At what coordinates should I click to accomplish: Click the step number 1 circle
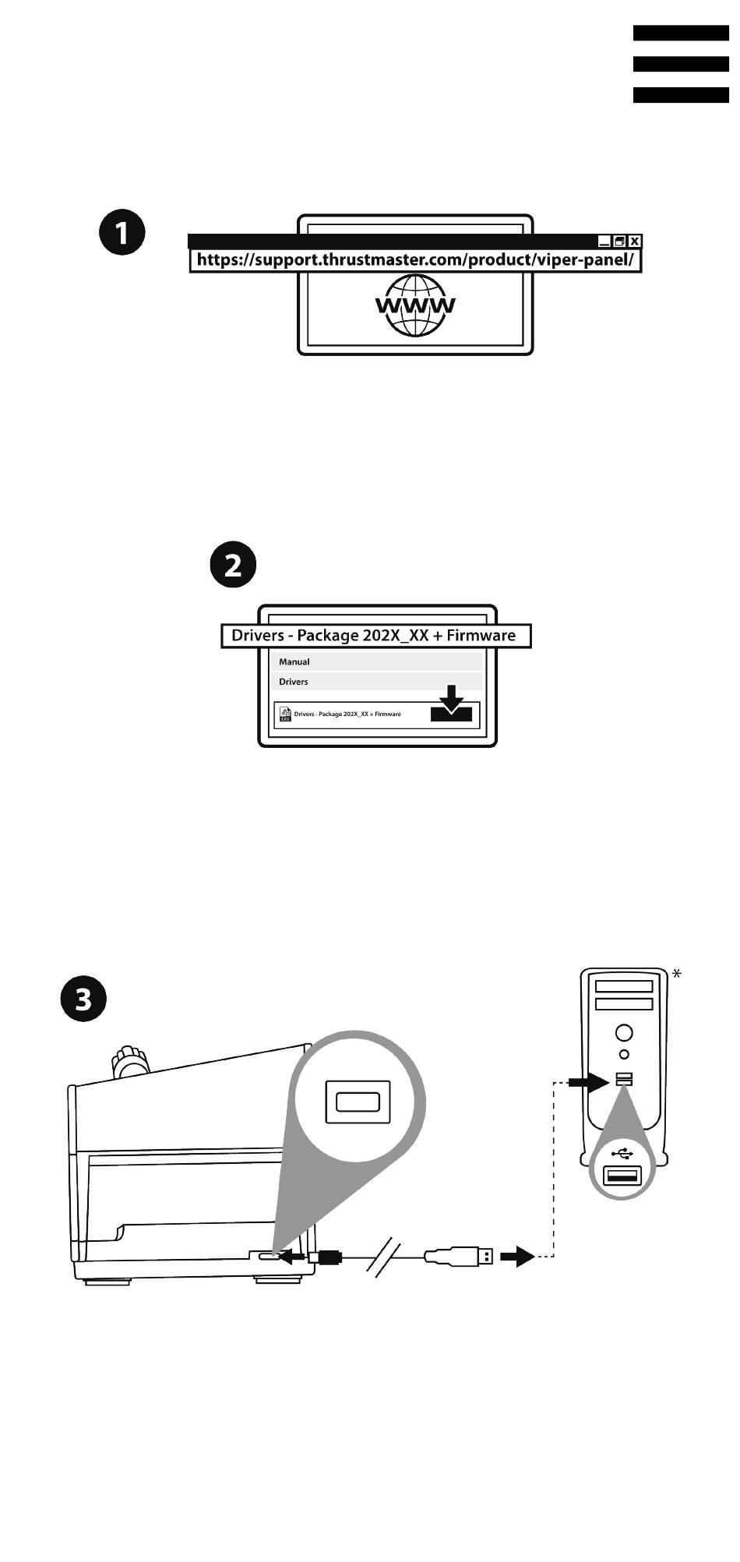(x=122, y=232)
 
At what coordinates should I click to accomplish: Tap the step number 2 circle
(x=234, y=565)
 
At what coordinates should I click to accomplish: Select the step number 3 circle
(x=83, y=999)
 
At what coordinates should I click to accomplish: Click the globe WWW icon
(x=415, y=305)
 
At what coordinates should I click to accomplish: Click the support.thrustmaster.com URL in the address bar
(x=415, y=260)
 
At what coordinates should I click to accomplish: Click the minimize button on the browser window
(x=604, y=242)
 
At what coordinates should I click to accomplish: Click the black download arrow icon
(x=451, y=704)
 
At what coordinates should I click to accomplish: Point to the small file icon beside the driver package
(x=285, y=714)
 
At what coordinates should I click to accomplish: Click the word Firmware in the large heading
(x=481, y=636)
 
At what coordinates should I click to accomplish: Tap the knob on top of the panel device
(x=130, y=1061)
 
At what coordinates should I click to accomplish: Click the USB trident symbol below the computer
(x=623, y=1153)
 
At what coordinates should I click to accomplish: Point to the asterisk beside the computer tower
(x=677, y=973)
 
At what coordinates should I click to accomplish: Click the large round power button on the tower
(x=624, y=1033)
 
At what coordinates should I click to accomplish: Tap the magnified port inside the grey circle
(x=358, y=1102)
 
